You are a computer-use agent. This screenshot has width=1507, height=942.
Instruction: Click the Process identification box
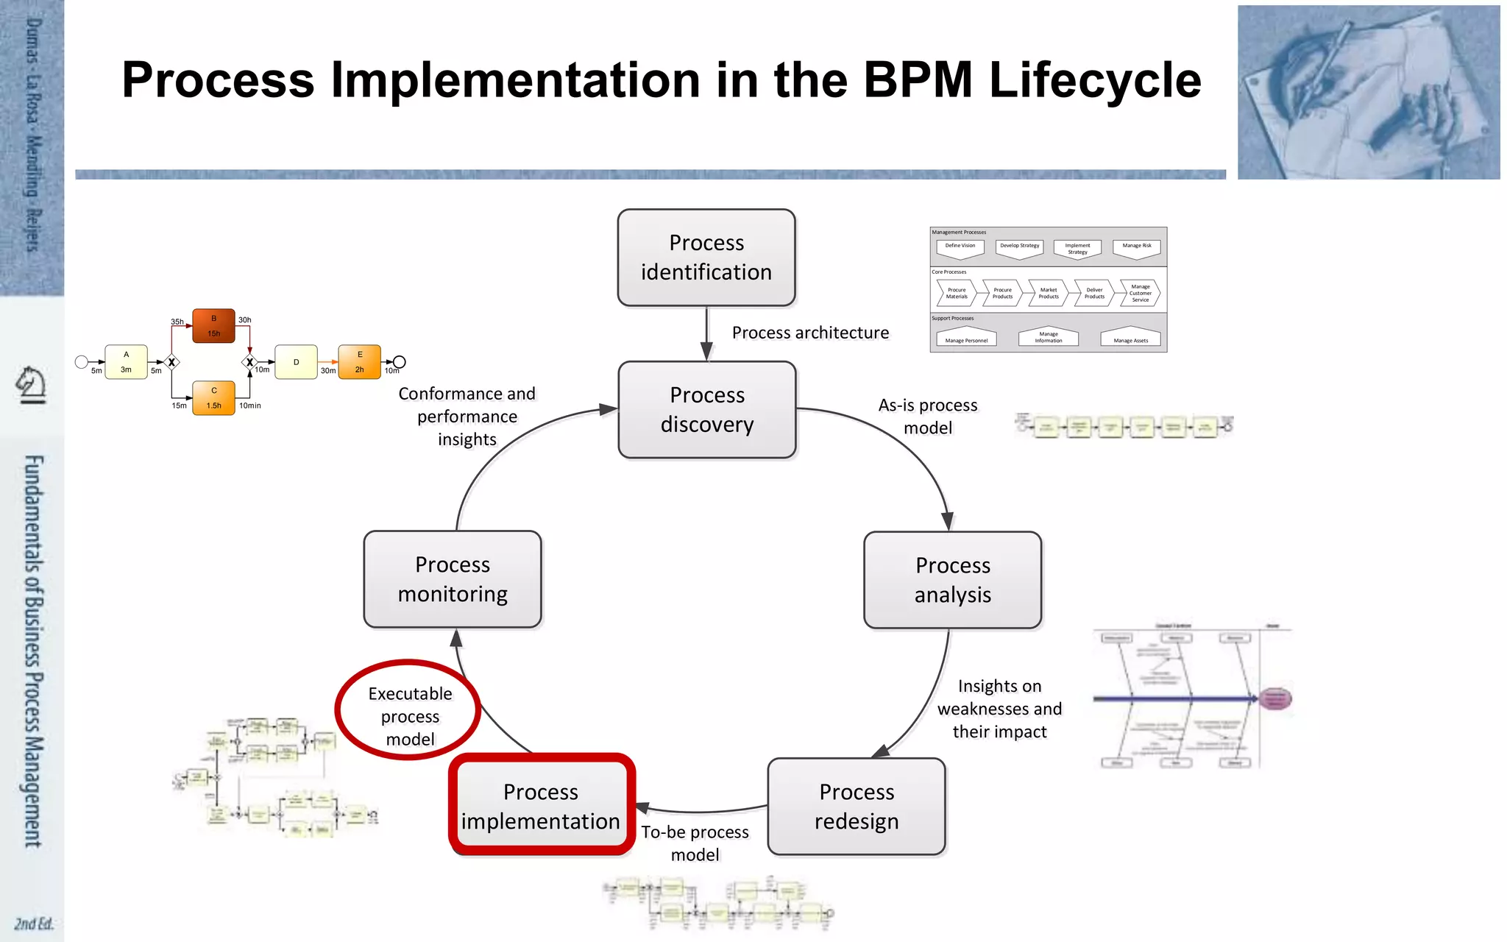706,258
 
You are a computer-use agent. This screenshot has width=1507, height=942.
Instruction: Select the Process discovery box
707,410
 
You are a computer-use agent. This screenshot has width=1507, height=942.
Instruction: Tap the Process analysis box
952,580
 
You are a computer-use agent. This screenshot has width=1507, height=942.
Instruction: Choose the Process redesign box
857,807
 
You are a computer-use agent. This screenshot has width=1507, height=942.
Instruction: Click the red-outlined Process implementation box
542,806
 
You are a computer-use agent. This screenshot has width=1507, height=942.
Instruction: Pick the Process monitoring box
453,579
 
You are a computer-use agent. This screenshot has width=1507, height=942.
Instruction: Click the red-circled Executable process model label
410,715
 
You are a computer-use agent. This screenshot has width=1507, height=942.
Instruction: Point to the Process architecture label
810,333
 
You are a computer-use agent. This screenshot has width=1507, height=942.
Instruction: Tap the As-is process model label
928,417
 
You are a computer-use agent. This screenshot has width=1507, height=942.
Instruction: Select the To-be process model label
695,843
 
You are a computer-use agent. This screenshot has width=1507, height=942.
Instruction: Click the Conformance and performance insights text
467,417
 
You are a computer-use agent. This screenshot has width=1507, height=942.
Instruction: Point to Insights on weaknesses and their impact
999,709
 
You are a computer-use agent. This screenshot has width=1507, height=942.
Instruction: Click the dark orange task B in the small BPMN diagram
213,326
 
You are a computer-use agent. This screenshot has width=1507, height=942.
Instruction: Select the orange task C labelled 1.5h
213,398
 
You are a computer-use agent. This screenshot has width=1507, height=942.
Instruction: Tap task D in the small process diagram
296,362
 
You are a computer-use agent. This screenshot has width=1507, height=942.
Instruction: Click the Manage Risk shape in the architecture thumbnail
1137,248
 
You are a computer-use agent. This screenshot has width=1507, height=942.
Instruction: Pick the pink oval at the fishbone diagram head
1275,698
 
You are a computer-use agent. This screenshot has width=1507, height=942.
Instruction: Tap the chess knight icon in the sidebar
32,385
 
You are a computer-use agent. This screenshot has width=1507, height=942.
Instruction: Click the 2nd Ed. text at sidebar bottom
34,924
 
